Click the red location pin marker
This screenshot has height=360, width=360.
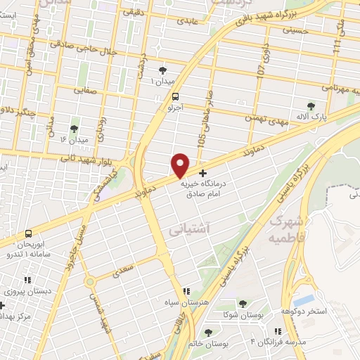[181, 165]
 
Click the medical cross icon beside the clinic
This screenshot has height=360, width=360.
[203, 172]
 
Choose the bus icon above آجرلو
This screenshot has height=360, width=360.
[175, 97]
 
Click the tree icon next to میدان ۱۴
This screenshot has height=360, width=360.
[74, 129]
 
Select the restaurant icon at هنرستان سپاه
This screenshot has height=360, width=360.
[186, 290]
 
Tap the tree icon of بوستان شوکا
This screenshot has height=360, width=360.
[243, 304]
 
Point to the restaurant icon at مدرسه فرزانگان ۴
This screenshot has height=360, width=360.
[278, 331]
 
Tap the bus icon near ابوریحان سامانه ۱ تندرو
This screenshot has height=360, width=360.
[28, 233]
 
